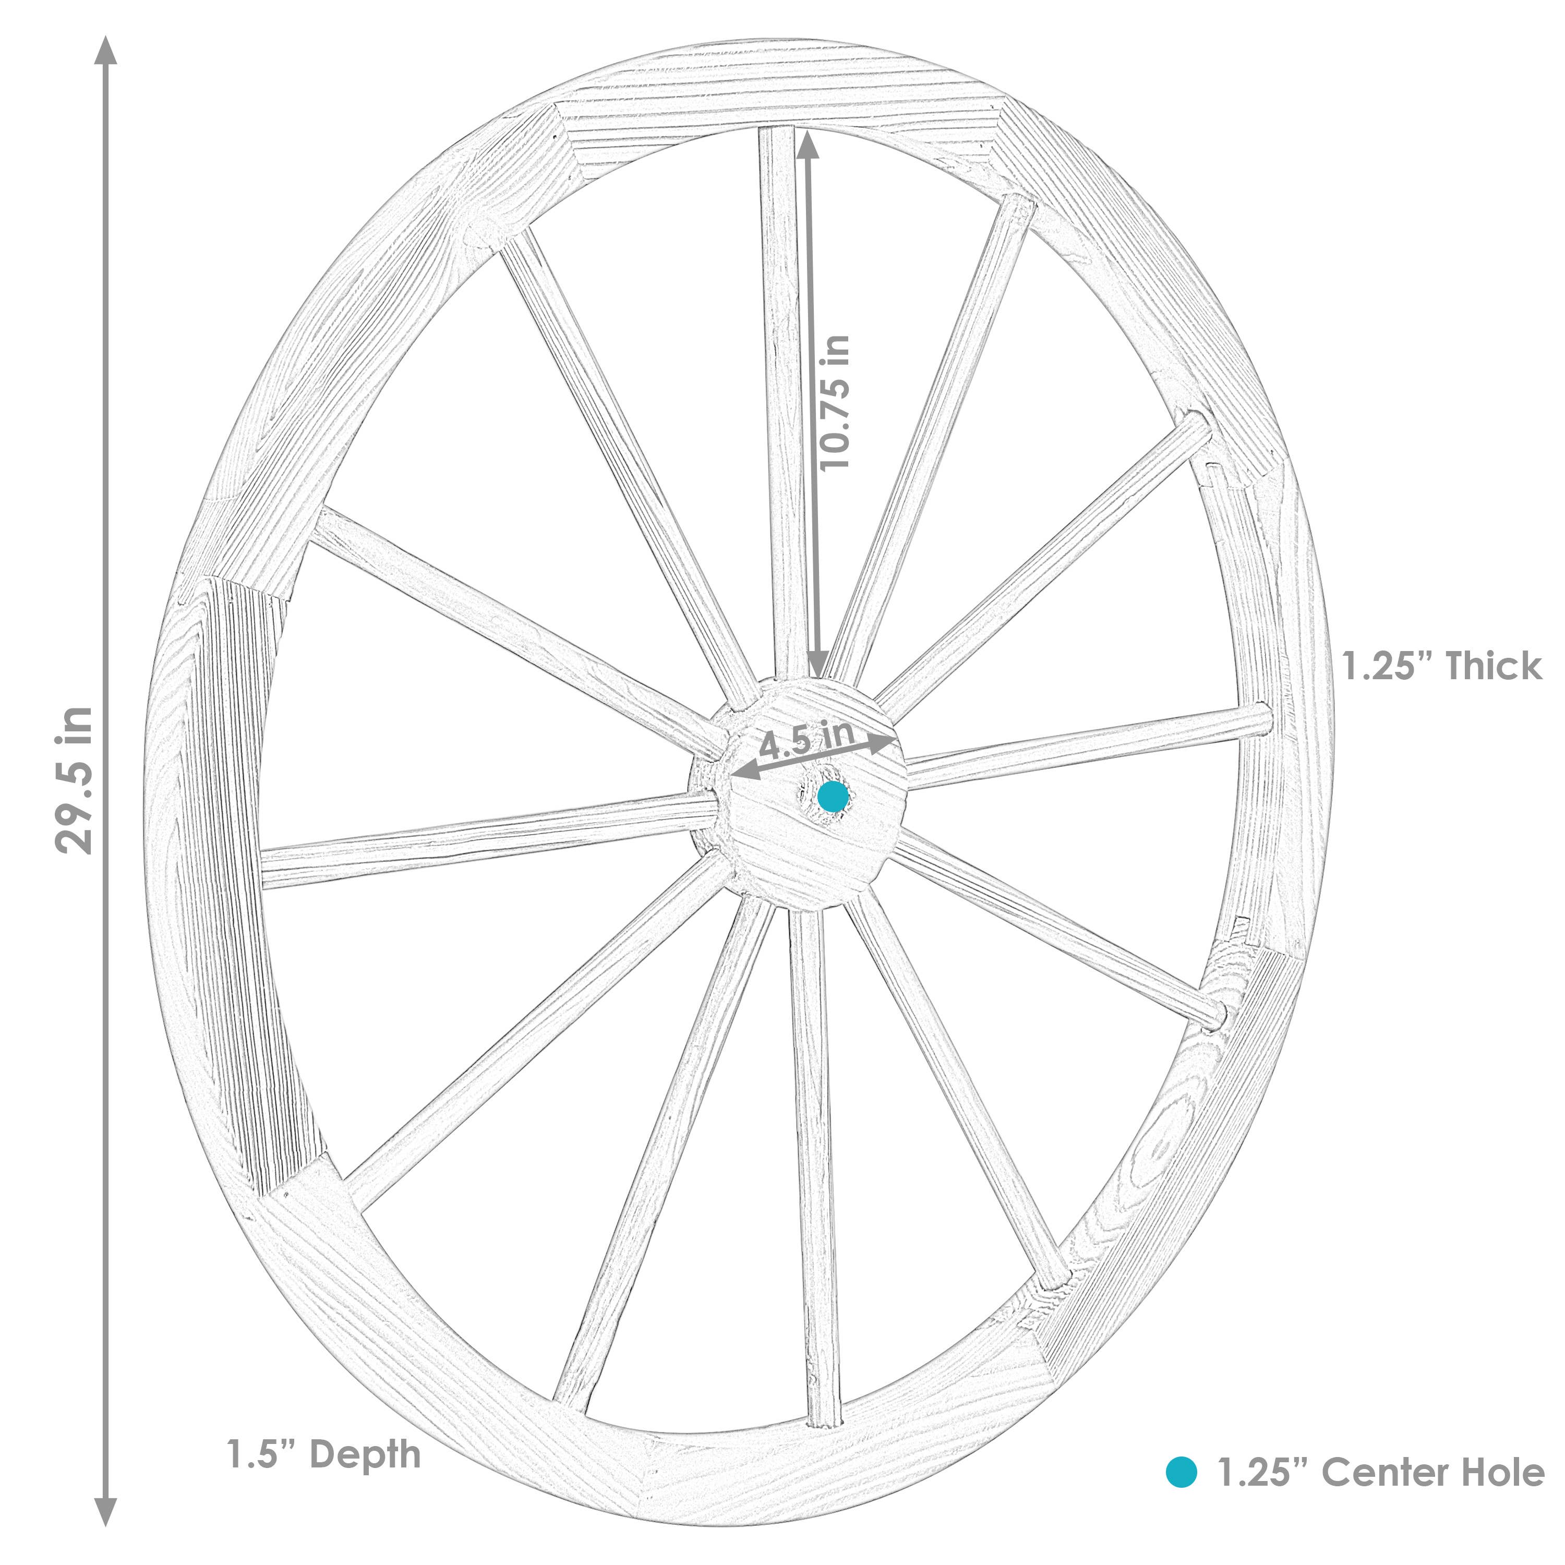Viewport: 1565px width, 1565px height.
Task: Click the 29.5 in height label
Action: click(x=75, y=780)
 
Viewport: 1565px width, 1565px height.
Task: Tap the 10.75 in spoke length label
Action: click(x=834, y=403)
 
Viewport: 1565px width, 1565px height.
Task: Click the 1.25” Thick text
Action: click(x=1442, y=666)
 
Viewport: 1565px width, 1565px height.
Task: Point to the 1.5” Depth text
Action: click(x=324, y=1454)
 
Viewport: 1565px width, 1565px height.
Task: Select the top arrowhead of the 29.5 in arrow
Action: click(x=106, y=50)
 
